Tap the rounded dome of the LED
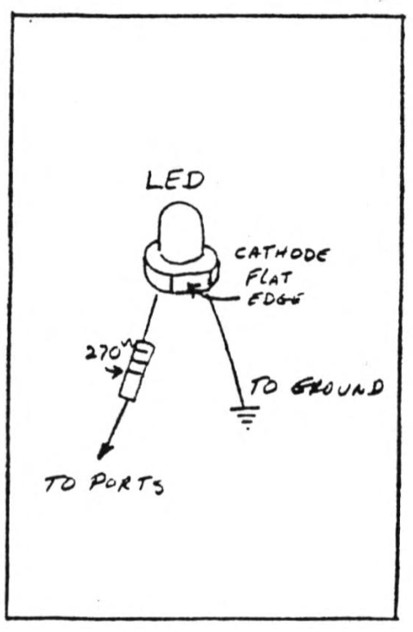pos(180,232)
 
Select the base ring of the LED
pos(181,268)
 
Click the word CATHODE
pos(282,255)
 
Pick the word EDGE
pos(275,298)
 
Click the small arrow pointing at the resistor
pos(114,372)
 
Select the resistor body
pos(137,371)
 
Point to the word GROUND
pos(336,387)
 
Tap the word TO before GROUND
pos(264,387)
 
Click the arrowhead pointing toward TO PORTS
pos(104,451)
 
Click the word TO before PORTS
pos(60,483)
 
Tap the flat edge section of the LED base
pos(190,284)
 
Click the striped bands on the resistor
pos(141,359)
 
